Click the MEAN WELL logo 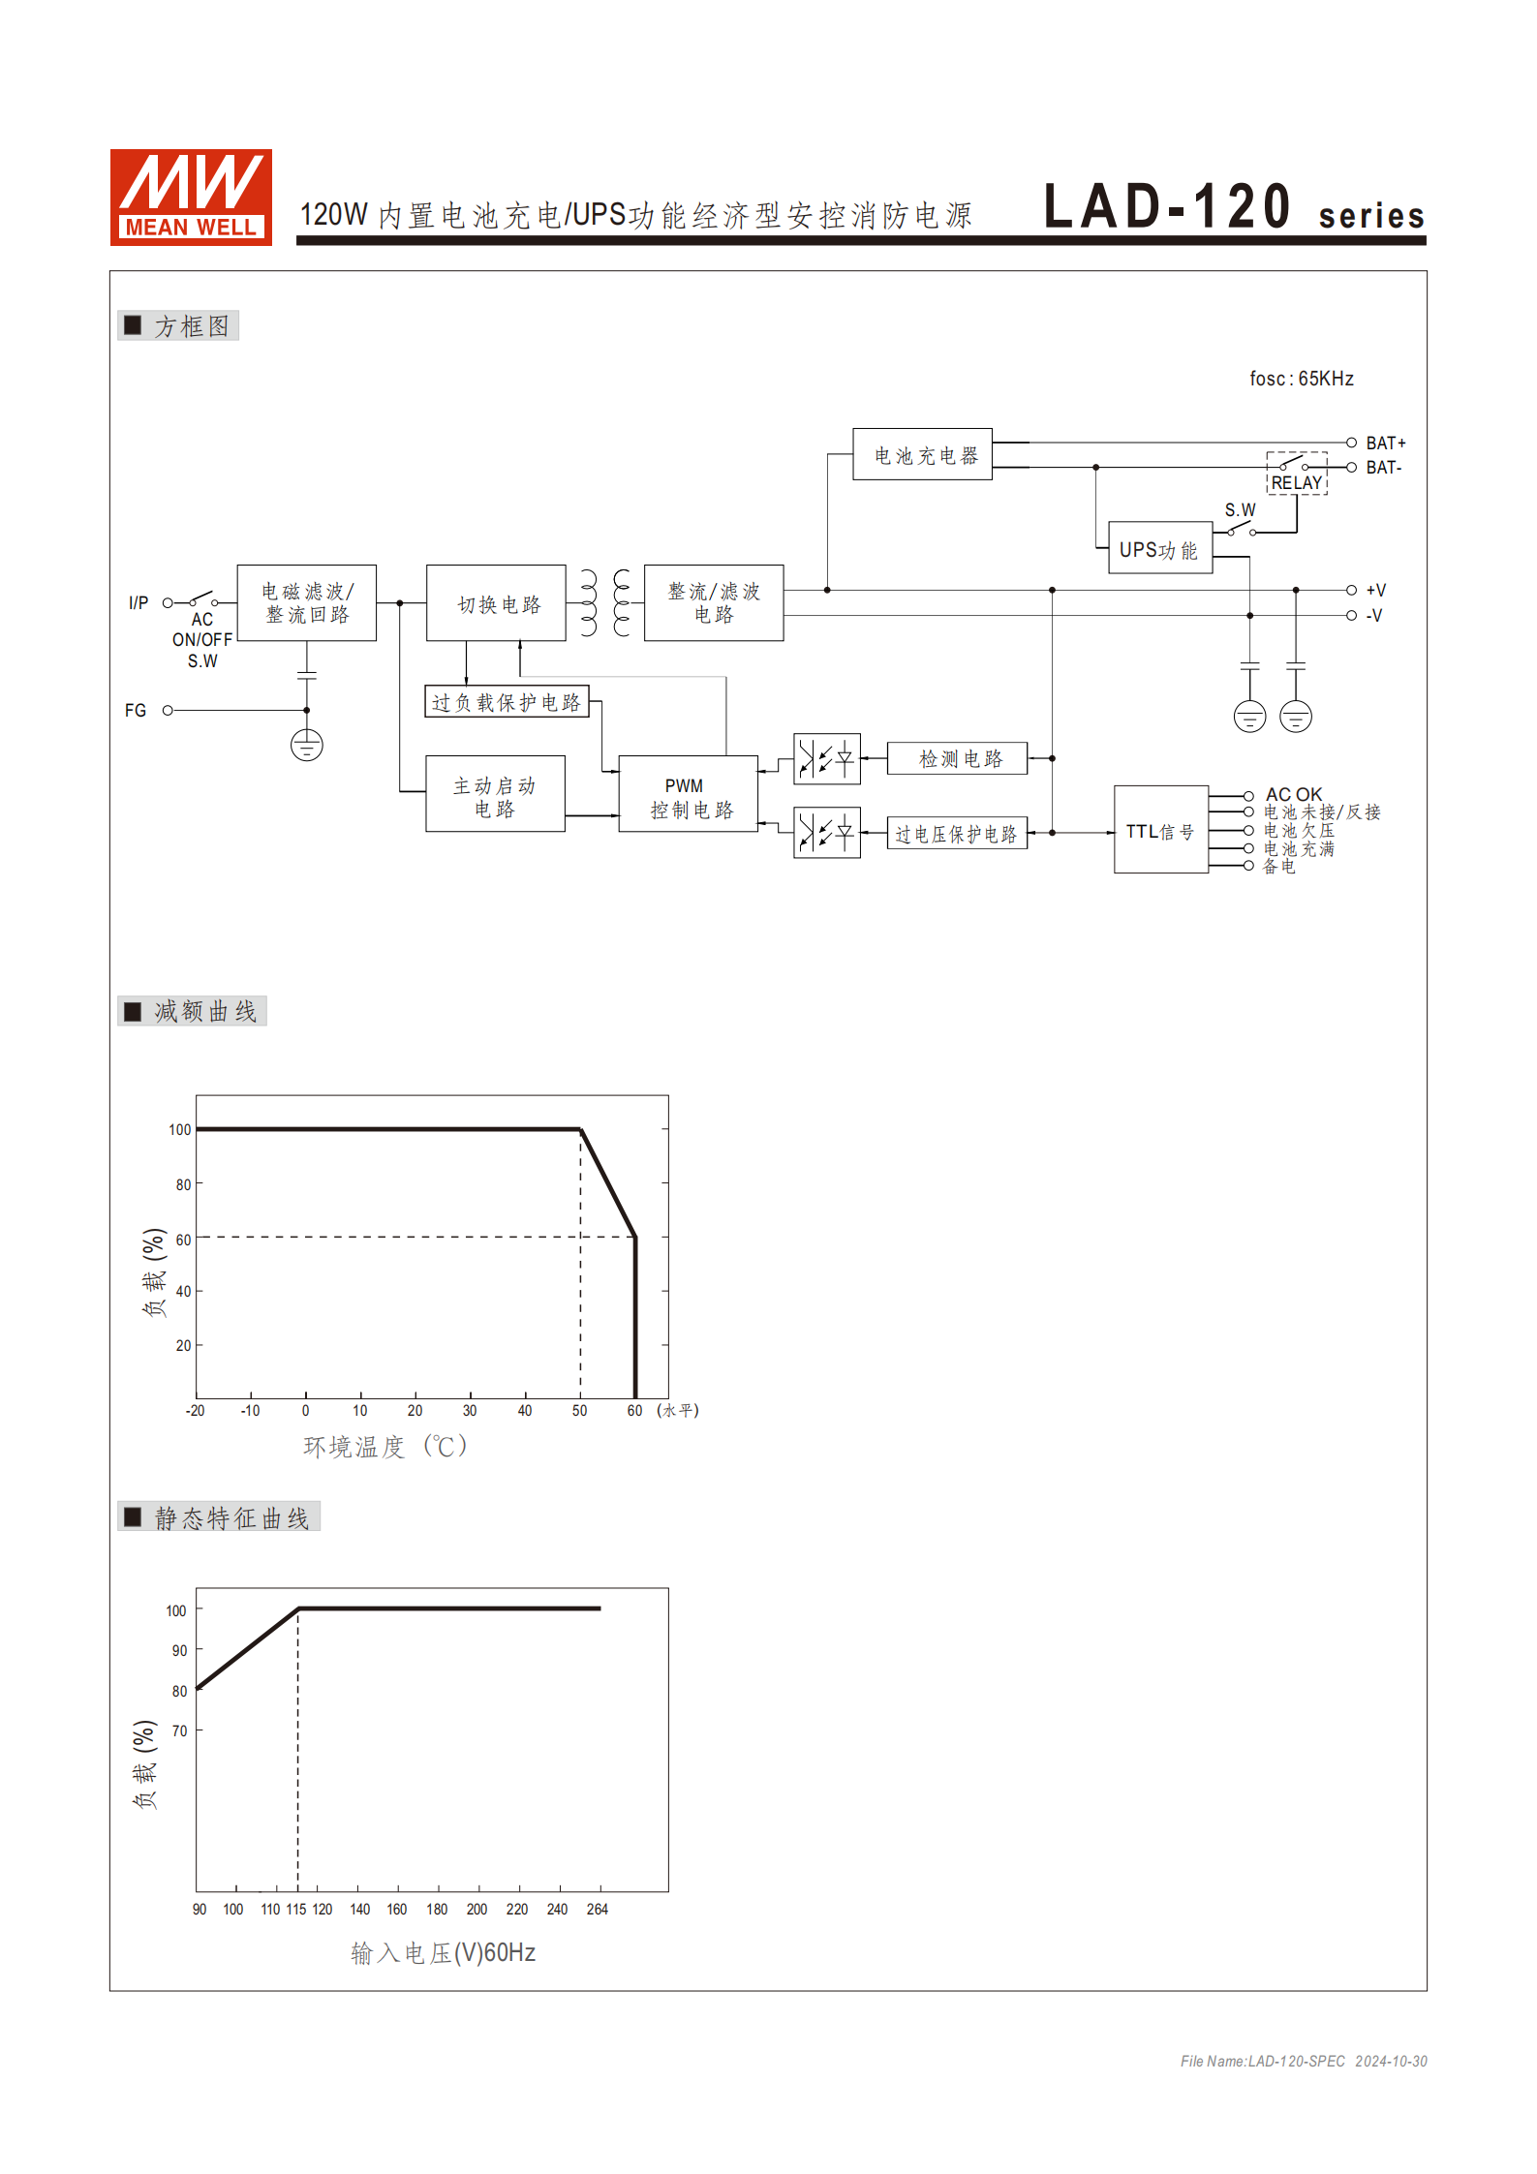point(191,198)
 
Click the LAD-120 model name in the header point(1166,207)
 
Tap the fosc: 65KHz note point(1301,379)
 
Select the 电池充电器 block point(922,454)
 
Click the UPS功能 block point(1159,549)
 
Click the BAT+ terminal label point(1385,444)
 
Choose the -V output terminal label point(1374,616)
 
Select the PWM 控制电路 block point(689,796)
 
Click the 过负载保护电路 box point(507,702)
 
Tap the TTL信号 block point(1160,831)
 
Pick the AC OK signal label point(1293,794)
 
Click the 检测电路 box point(957,758)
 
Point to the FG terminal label point(136,711)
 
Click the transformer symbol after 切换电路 point(604,603)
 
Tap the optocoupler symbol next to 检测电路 point(826,758)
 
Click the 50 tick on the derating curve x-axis point(579,1411)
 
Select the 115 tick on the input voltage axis point(296,1910)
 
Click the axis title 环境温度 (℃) point(385,1447)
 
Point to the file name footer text point(1303,2061)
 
